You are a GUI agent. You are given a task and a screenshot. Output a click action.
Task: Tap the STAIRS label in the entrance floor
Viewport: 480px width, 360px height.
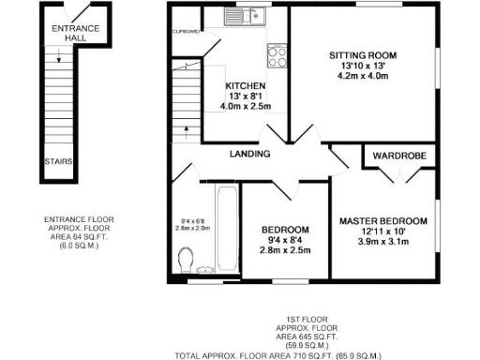click(59, 160)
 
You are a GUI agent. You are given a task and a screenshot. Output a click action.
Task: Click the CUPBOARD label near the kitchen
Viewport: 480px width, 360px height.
click(186, 32)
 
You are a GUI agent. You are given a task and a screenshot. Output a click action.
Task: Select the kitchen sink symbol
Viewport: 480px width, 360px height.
click(247, 17)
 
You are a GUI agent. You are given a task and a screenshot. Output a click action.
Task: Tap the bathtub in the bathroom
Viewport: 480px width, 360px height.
click(225, 229)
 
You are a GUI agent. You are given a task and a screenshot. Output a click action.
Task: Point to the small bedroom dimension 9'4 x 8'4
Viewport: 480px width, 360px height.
click(284, 241)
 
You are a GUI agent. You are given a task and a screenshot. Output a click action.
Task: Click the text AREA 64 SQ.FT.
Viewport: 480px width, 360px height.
click(80, 241)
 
